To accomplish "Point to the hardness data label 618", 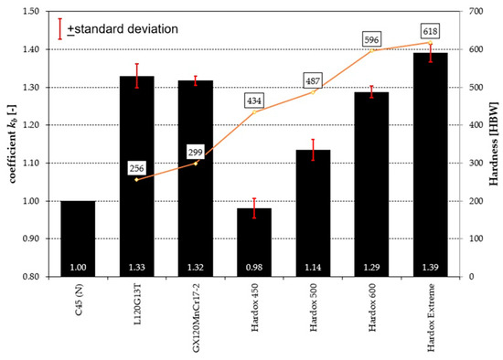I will coord(430,30).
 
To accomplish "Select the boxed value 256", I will coord(137,168).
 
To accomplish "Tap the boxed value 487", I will coord(313,80).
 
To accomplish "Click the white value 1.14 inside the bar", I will coord(313,267).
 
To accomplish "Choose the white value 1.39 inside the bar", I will coord(430,267).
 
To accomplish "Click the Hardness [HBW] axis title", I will coord(494,143).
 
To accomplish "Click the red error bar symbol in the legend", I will coord(59,27).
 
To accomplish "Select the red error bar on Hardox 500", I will coord(313,150).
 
